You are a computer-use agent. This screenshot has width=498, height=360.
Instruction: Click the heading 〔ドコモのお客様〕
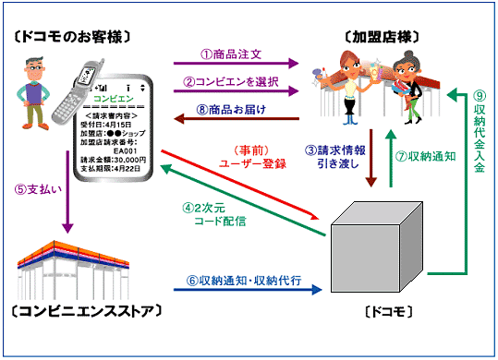pos(70,36)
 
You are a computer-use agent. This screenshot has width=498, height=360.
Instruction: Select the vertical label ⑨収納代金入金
pos(479,138)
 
